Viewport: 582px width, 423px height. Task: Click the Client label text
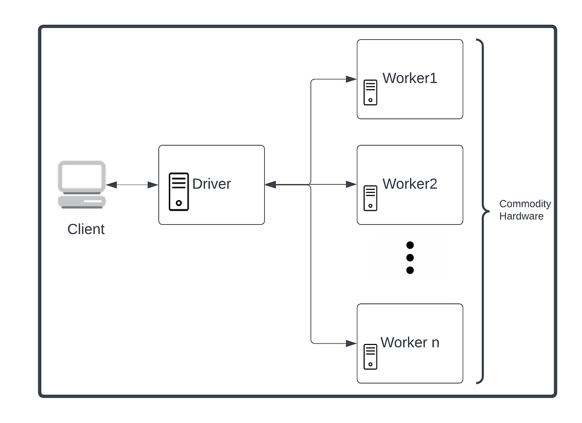[86, 229]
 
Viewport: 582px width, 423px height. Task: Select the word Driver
[211, 184]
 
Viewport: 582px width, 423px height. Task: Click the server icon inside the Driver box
[178, 192]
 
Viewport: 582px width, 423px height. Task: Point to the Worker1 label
[410, 78]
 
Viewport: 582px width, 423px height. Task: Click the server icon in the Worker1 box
[371, 93]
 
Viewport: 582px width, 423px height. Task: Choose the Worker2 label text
[410, 184]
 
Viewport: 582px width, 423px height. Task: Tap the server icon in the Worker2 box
[371, 198]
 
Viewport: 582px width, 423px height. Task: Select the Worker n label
[410, 342]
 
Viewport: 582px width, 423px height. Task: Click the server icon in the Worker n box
[371, 357]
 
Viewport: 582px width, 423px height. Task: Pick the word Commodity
[525, 204]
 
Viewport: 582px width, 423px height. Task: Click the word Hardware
[521, 217]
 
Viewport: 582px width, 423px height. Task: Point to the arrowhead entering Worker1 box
[352, 79]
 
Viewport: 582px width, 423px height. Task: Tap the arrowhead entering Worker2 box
[352, 185]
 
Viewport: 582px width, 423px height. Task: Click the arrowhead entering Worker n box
[352, 344]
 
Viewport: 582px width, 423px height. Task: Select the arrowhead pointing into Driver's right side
[271, 185]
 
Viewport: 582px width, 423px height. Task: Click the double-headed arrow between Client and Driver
[132, 185]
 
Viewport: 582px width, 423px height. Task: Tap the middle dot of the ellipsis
[410, 258]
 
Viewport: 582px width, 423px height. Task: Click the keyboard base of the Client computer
[81, 201]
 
